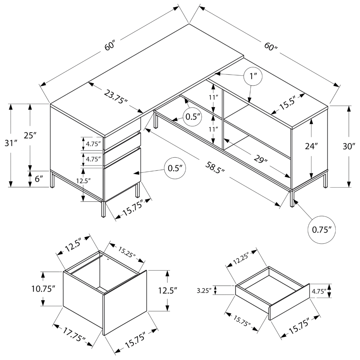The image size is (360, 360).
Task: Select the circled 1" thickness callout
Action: coord(252,76)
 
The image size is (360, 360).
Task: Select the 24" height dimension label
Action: coord(312,146)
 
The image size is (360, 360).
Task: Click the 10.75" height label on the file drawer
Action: coord(43,289)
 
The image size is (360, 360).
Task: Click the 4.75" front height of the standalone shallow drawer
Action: coord(321,291)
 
